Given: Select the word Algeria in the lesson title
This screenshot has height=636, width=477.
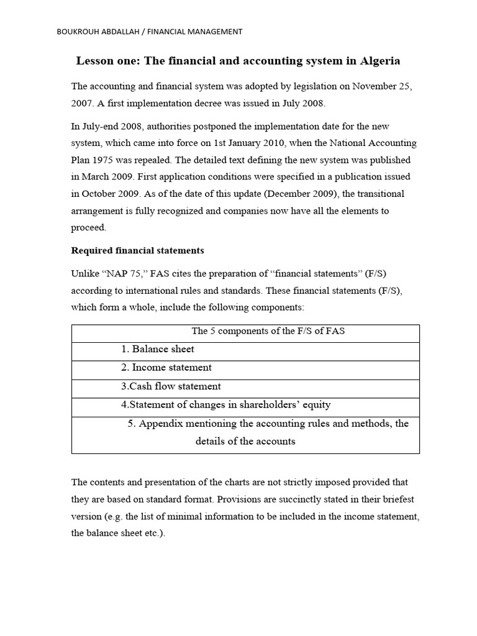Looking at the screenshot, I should (379, 61).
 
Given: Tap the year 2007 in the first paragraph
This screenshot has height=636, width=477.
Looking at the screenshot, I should (83, 102).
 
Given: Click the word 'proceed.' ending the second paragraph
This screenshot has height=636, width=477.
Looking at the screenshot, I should (89, 227).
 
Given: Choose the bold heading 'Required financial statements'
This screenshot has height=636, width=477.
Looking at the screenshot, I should (137, 251).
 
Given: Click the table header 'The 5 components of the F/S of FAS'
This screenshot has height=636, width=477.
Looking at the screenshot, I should (268, 331).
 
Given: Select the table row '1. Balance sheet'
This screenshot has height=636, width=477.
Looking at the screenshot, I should (158, 349).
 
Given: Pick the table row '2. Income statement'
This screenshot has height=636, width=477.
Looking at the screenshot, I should (166, 368).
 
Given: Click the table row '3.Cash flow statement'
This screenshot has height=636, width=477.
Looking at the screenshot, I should (171, 386).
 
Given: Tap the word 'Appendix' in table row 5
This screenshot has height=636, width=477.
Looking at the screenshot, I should (158, 424).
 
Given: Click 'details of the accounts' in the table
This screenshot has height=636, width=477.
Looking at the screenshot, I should (245, 442).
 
